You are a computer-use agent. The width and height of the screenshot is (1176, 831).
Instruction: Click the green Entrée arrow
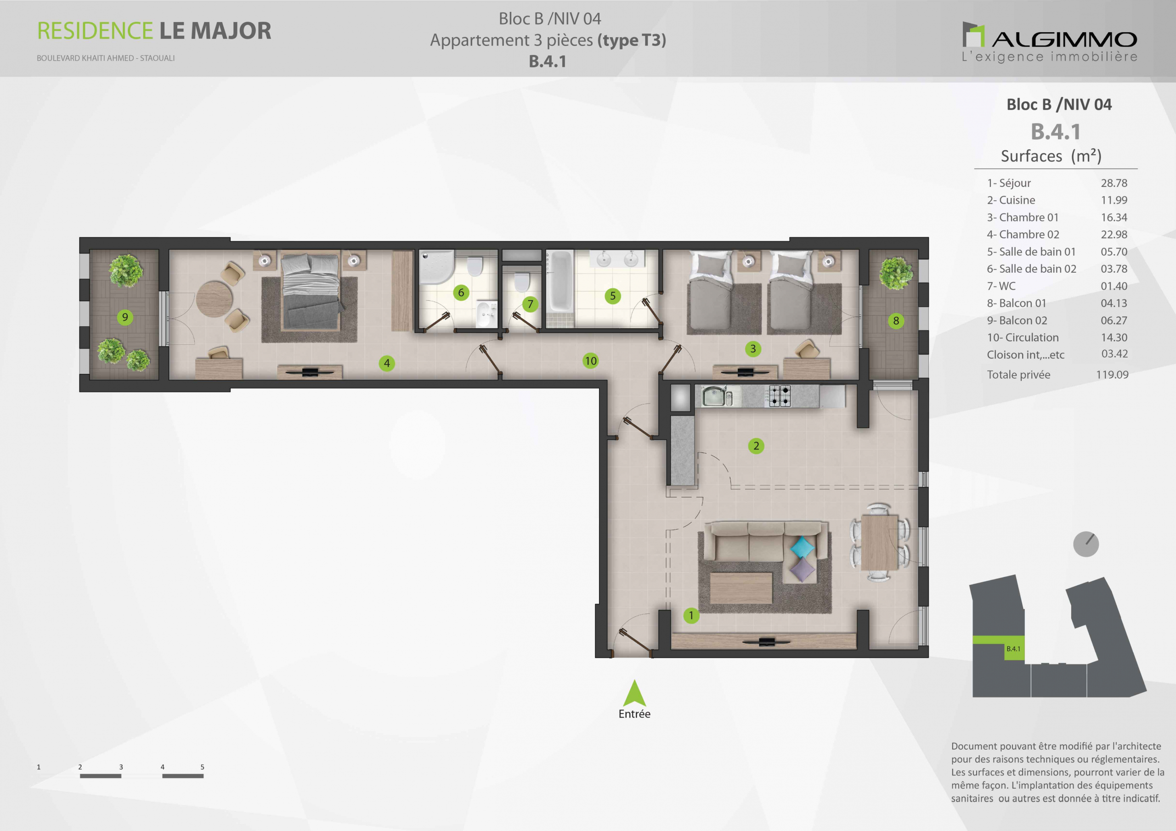tap(634, 694)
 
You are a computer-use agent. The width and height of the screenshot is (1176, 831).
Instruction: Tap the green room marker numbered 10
tap(591, 361)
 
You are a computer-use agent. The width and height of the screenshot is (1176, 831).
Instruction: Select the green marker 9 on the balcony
tap(125, 317)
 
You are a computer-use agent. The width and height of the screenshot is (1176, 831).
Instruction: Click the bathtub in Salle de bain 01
tap(560, 281)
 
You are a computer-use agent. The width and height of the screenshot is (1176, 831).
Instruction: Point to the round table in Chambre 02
tap(215, 298)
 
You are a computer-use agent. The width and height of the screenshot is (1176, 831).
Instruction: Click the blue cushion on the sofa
tap(802, 547)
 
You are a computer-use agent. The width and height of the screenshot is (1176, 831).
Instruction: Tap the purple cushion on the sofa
tap(803, 569)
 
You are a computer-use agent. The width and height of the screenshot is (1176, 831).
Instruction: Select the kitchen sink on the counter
tap(713, 396)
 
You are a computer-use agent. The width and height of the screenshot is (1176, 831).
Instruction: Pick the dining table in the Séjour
tap(879, 542)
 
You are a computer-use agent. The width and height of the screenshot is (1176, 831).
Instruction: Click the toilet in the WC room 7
tap(521, 283)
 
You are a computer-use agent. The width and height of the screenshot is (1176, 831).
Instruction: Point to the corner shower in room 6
tap(436, 266)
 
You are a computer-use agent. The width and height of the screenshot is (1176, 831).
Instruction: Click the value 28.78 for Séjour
tap(1114, 183)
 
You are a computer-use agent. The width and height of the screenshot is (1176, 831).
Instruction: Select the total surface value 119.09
tap(1112, 375)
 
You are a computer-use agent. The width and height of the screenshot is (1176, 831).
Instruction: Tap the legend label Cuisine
tap(1017, 200)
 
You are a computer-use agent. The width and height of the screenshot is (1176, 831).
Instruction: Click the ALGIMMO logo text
tap(1064, 39)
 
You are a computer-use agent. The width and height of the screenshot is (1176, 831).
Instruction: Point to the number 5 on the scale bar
tap(202, 767)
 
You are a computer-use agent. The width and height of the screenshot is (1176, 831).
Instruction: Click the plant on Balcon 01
tap(896, 273)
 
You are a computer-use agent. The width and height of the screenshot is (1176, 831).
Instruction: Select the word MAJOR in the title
tap(231, 31)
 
